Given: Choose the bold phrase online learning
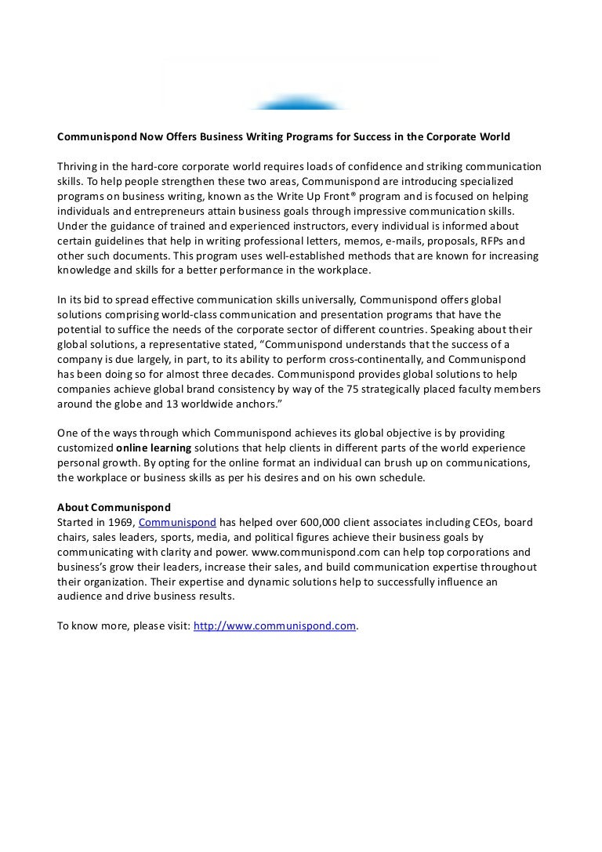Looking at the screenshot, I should pos(154,448).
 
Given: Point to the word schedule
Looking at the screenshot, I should pos(400,477).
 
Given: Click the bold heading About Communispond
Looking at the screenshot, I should pos(114,507).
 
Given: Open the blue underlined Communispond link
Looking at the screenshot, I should pos(177,522).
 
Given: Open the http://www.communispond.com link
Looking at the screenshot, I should pos(274,625).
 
